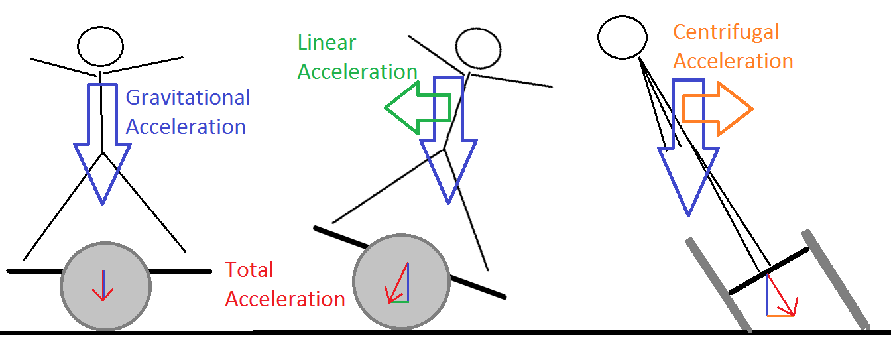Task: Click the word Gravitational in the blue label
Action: tap(188, 98)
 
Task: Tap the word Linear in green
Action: tap(327, 43)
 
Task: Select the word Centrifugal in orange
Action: tap(726, 32)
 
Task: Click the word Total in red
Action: tap(249, 270)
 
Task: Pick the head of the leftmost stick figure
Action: tap(101, 45)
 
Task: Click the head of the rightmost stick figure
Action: tap(623, 37)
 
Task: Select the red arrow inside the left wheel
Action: tap(102, 286)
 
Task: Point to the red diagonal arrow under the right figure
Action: tap(783, 296)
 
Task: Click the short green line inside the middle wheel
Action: tap(398, 302)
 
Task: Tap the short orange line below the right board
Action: tap(781, 315)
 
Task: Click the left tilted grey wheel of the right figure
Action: tap(719, 284)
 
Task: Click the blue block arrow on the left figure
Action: tap(102, 146)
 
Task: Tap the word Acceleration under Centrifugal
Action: tap(733, 61)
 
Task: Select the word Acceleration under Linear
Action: tap(357, 72)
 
